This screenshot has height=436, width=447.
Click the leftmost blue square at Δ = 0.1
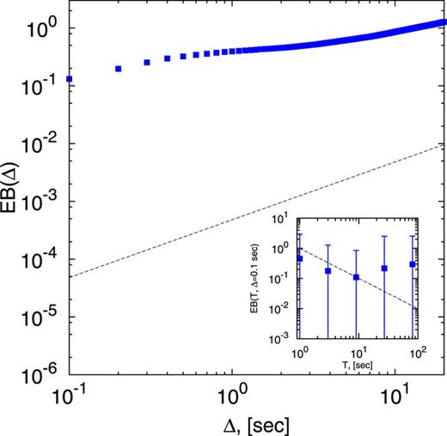tap(69, 79)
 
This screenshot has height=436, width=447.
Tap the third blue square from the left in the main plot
tap(147, 63)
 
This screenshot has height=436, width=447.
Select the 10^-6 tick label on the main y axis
tap(43, 375)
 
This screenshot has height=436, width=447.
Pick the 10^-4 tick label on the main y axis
tap(43, 259)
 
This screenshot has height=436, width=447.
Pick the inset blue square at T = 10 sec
tap(356, 277)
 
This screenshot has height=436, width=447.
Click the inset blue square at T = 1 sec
tap(299, 258)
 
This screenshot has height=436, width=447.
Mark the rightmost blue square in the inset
tap(413, 264)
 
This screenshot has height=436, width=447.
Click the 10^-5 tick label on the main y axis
tap(43, 318)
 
